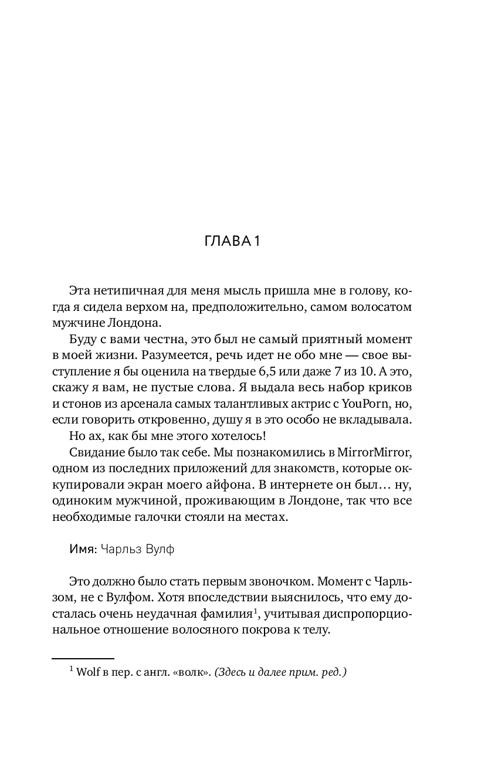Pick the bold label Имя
point(82,550)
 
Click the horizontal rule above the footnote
point(83,658)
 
